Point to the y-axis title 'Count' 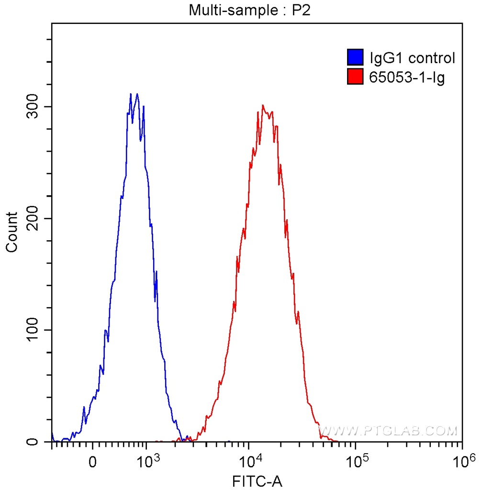pyautogui.click(x=11, y=232)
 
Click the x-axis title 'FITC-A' pyautogui.click(x=257, y=480)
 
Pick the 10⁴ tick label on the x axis pyautogui.click(x=249, y=461)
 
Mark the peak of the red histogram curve pyautogui.click(x=263, y=105)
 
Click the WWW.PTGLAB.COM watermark pyautogui.click(x=388, y=431)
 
